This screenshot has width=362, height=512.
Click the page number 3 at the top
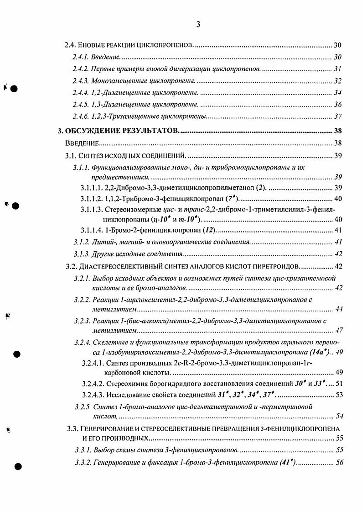click(198, 25)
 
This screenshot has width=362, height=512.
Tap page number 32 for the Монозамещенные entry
click(338, 81)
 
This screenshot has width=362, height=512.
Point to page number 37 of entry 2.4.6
click(338, 116)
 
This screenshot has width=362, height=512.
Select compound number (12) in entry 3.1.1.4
click(208, 230)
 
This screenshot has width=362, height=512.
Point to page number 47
click(339, 330)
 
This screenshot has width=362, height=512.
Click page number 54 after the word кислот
click(339, 416)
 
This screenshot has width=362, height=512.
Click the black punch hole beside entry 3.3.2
click(17, 467)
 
